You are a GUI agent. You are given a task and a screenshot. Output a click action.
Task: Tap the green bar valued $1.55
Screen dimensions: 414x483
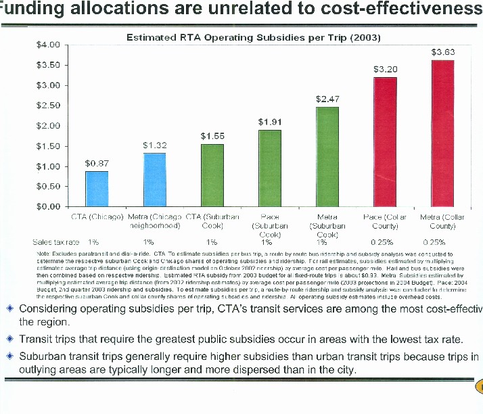click(x=212, y=175)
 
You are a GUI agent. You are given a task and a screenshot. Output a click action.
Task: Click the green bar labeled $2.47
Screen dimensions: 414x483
click(x=327, y=156)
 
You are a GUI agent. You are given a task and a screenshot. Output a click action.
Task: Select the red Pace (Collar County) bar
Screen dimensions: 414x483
click(x=385, y=142)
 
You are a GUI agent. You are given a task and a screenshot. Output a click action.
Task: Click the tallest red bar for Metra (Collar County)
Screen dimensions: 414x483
click(x=442, y=133)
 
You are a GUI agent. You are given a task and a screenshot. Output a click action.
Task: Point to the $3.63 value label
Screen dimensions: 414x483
click(x=442, y=52)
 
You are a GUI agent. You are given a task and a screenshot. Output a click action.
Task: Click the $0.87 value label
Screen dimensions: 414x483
click(x=96, y=163)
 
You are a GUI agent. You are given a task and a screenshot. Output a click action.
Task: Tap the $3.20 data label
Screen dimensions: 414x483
click(x=385, y=70)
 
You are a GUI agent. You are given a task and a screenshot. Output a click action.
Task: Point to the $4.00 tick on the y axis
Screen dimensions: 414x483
click(x=48, y=45)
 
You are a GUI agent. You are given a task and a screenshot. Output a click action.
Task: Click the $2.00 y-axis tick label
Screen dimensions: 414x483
click(x=48, y=126)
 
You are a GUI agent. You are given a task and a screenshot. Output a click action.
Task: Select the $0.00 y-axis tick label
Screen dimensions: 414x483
click(x=48, y=206)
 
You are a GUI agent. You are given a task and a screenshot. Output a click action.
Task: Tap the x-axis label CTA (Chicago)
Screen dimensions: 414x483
click(x=97, y=217)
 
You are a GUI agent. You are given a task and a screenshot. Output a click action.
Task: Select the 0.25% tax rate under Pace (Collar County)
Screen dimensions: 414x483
click(x=384, y=241)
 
